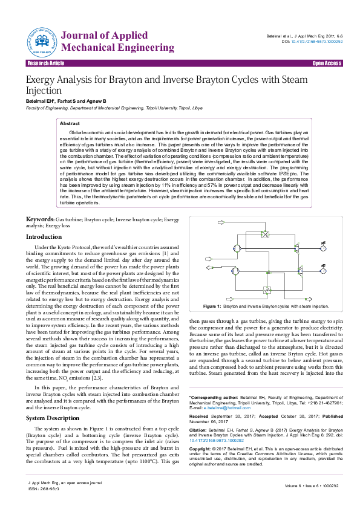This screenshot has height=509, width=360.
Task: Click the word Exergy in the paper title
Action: tap(42, 80)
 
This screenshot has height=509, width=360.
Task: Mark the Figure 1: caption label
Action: tap(212, 307)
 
